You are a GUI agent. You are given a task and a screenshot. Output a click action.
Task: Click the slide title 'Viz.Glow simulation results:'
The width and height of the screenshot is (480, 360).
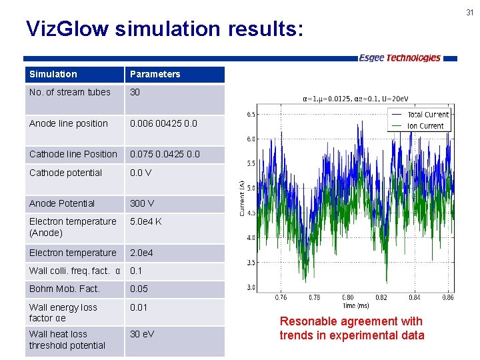[x=164, y=29]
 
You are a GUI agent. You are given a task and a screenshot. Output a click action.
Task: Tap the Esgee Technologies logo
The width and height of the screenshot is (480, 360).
[x=399, y=58]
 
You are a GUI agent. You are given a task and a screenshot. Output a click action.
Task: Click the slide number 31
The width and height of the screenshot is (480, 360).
[x=470, y=12]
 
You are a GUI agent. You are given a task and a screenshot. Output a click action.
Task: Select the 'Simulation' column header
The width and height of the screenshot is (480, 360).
[x=53, y=74]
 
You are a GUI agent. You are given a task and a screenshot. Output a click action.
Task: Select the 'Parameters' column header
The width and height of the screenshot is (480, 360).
[x=155, y=74]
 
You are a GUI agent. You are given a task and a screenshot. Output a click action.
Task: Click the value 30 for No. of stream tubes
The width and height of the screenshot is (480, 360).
[x=135, y=92]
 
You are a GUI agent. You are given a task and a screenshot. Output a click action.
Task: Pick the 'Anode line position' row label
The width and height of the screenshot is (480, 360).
[x=69, y=123]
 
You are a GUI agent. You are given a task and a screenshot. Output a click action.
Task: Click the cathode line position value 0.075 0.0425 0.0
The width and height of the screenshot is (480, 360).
[x=164, y=154]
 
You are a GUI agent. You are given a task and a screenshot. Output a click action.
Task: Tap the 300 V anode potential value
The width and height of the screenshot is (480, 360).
[x=141, y=203]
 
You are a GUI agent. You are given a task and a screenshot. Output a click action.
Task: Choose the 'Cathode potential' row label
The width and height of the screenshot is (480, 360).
[x=65, y=173]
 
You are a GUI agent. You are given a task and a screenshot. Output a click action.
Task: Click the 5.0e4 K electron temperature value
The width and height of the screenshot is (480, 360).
[x=145, y=221]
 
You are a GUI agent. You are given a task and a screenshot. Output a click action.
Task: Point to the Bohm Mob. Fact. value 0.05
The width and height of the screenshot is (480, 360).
[x=139, y=289]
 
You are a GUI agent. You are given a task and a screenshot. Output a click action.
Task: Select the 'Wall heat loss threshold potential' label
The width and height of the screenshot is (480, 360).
[x=67, y=339]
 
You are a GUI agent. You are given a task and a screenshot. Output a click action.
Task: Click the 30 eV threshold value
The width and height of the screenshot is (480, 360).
[x=142, y=334]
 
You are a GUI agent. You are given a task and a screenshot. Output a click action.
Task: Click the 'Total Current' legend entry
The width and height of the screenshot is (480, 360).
[x=428, y=115]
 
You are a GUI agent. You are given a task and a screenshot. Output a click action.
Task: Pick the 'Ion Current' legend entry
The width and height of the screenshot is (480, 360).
[x=425, y=125]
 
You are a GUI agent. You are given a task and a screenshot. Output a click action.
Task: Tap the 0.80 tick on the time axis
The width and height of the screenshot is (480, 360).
[x=348, y=297]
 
